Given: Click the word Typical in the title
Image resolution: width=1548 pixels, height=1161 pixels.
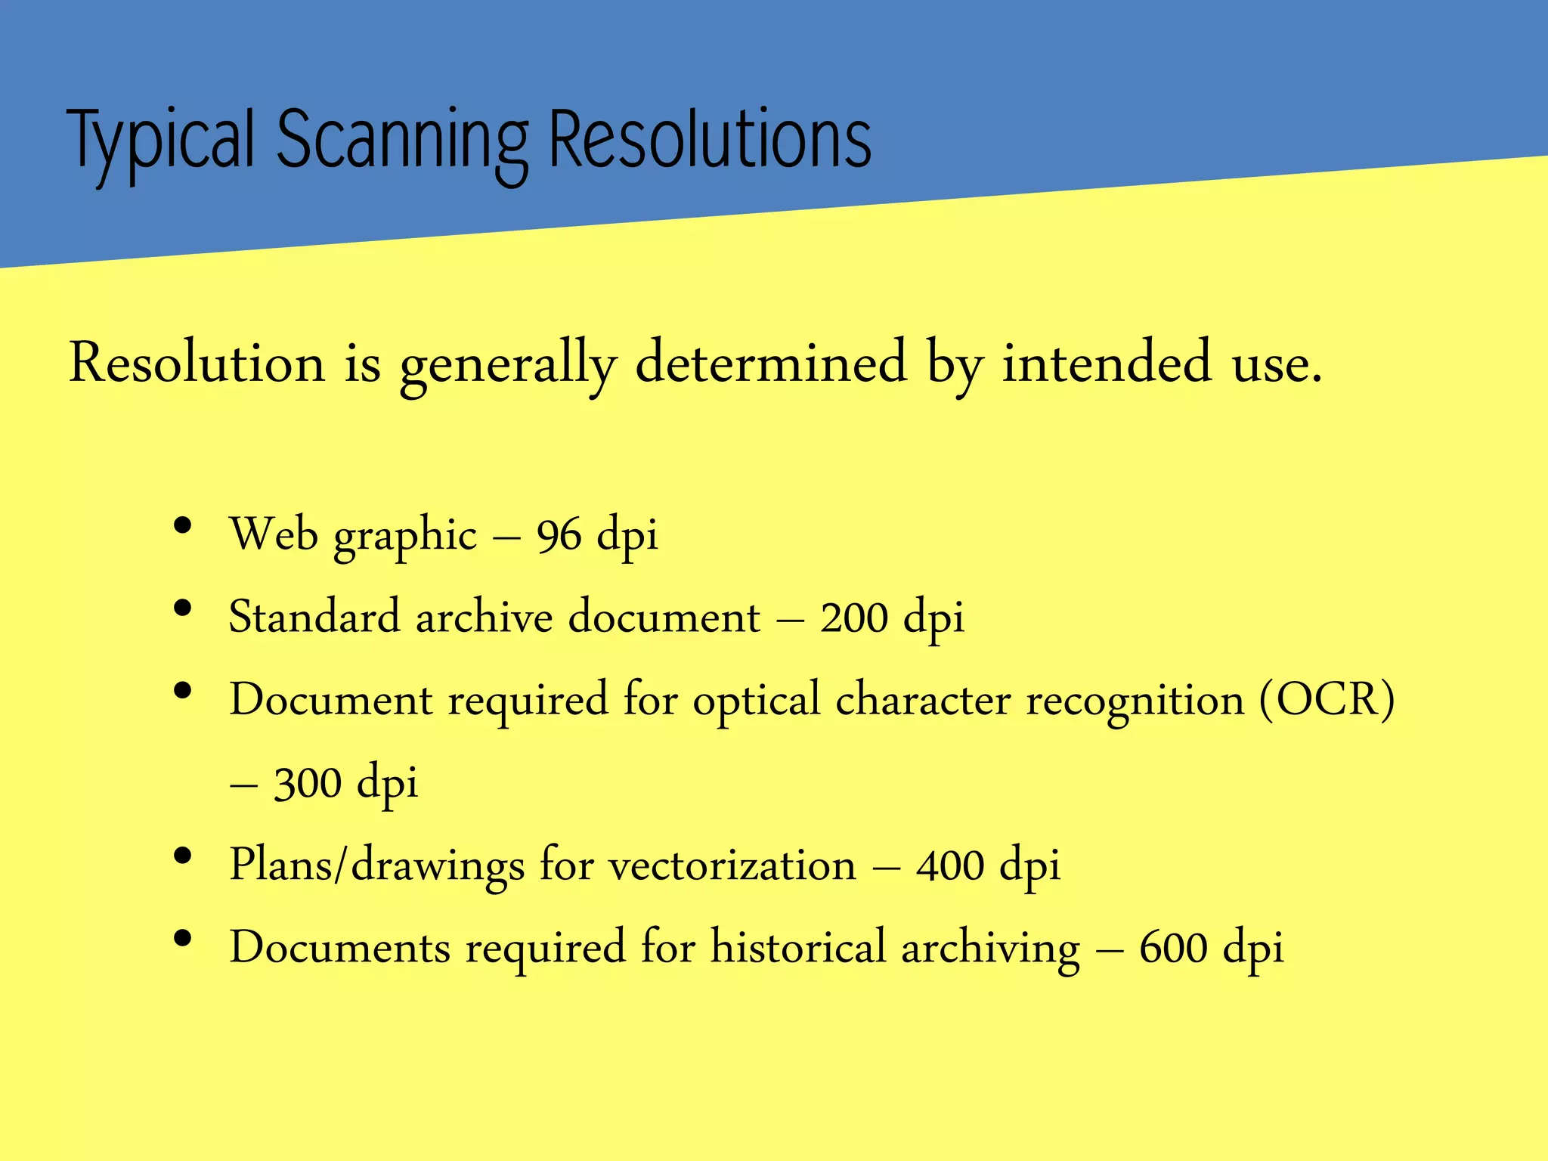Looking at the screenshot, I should (x=160, y=141).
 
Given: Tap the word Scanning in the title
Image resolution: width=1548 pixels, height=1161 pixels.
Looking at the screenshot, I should (x=402, y=141).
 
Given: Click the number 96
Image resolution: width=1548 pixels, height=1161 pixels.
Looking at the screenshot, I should (x=559, y=535).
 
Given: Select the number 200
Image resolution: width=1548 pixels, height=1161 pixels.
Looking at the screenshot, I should (x=854, y=618).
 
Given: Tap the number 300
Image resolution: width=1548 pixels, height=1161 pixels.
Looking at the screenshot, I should (x=308, y=783).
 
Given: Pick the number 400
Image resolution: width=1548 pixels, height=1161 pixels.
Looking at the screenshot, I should (x=950, y=865).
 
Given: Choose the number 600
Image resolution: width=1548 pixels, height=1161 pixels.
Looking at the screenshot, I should (x=1173, y=948).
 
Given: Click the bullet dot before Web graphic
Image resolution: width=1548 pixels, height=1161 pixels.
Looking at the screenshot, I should (x=182, y=526).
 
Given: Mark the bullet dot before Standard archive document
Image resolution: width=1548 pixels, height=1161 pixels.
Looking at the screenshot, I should (x=182, y=608).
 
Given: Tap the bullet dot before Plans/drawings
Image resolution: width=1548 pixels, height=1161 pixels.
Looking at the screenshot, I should (x=182, y=856).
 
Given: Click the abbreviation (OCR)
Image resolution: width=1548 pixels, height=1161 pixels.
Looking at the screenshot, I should (x=1327, y=699).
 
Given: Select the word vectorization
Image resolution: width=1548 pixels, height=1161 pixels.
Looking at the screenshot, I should (x=732, y=865).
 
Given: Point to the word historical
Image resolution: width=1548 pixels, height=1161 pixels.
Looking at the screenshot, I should (x=797, y=946).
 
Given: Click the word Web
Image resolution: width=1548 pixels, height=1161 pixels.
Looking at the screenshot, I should (x=274, y=534).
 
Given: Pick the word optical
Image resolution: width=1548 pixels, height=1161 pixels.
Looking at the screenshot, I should (x=756, y=701).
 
